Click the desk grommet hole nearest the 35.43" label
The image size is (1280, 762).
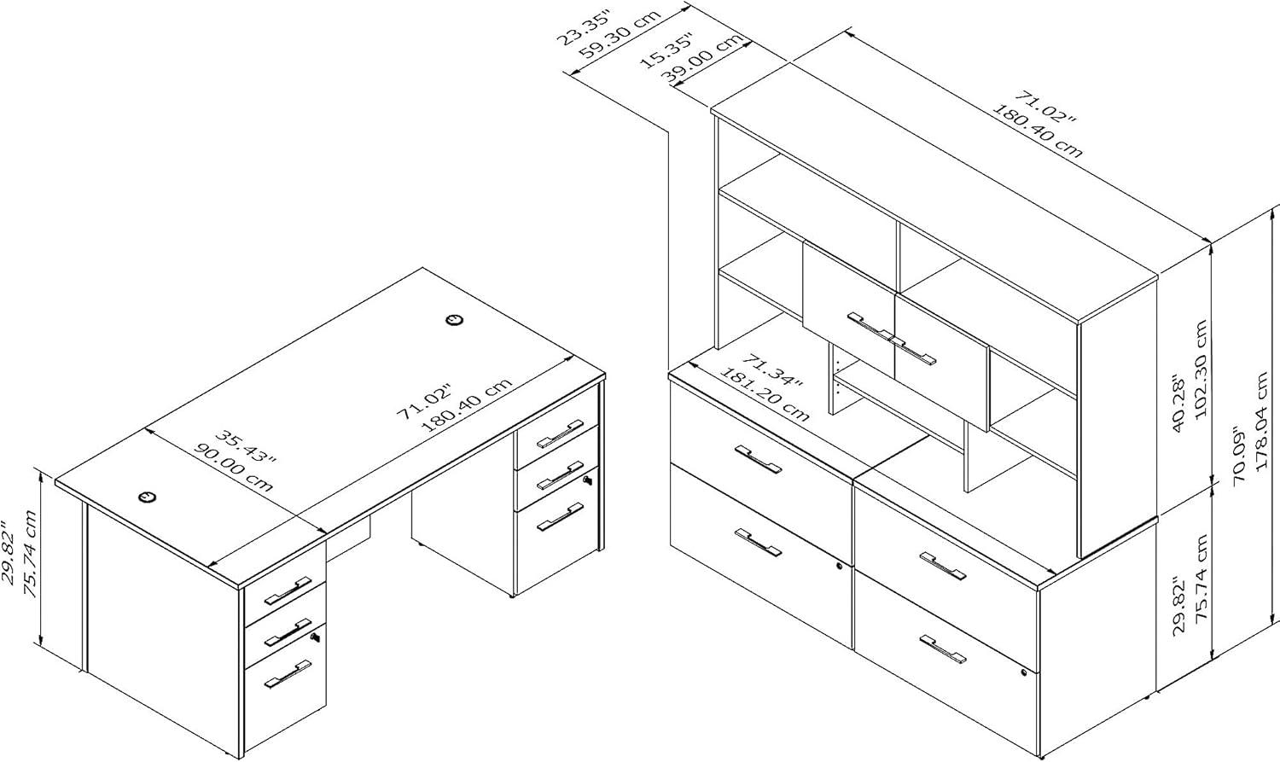point(147,496)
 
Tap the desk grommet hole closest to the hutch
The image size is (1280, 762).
point(454,320)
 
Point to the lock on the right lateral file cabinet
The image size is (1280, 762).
point(1024,674)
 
